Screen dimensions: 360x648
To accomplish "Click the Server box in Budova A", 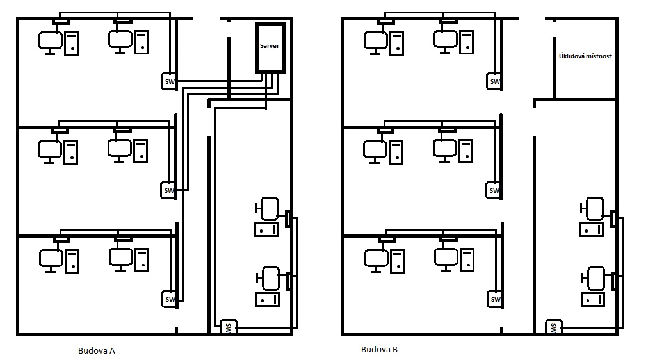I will coord(270,47).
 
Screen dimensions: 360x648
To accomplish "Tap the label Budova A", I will coord(96,350).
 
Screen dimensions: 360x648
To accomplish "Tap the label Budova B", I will coord(379,350).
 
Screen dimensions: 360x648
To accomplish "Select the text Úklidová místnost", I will coord(585,56).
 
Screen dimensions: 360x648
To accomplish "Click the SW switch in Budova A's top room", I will coord(169,81).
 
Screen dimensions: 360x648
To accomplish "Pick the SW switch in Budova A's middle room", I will coord(169,190).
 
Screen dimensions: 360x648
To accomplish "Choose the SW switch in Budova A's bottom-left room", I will coord(170,299).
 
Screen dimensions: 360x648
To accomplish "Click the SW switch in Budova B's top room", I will coord(494,81).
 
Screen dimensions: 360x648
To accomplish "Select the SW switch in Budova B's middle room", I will coord(494,190).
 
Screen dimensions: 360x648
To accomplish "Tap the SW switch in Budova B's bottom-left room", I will coord(494,299).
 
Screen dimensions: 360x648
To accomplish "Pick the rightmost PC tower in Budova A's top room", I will coord(141,42).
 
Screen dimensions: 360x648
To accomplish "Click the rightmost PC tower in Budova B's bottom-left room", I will coord(466,259).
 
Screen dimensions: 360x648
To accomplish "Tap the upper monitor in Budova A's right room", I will coord(268,208).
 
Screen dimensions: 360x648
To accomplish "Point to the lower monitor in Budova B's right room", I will coord(594,278).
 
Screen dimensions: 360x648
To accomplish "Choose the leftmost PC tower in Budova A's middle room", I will coord(71,151).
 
